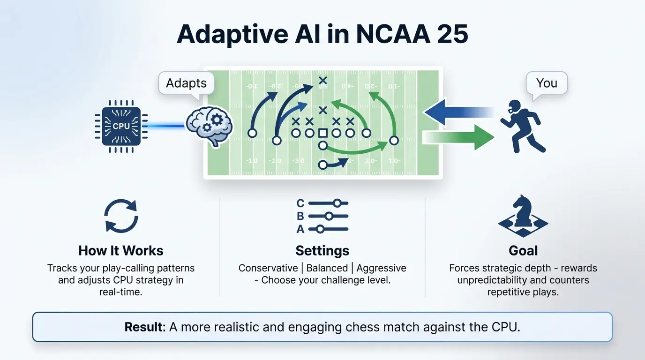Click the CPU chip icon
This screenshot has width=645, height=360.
point(121,126)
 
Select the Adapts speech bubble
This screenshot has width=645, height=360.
point(186,83)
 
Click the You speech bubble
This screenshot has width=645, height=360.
point(547,83)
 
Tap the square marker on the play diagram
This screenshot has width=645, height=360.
point(322,134)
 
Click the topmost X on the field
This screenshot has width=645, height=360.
point(322,81)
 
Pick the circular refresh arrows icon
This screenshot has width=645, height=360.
point(121,216)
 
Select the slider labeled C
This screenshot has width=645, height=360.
point(328,203)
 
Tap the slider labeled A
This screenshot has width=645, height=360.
point(328,229)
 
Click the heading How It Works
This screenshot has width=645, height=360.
point(121,250)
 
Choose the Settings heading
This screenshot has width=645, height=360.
point(322,250)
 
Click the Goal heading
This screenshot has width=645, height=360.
point(523,250)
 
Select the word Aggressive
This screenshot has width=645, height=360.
point(381,268)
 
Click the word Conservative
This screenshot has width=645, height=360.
point(268,268)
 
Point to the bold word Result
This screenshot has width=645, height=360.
point(145,327)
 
